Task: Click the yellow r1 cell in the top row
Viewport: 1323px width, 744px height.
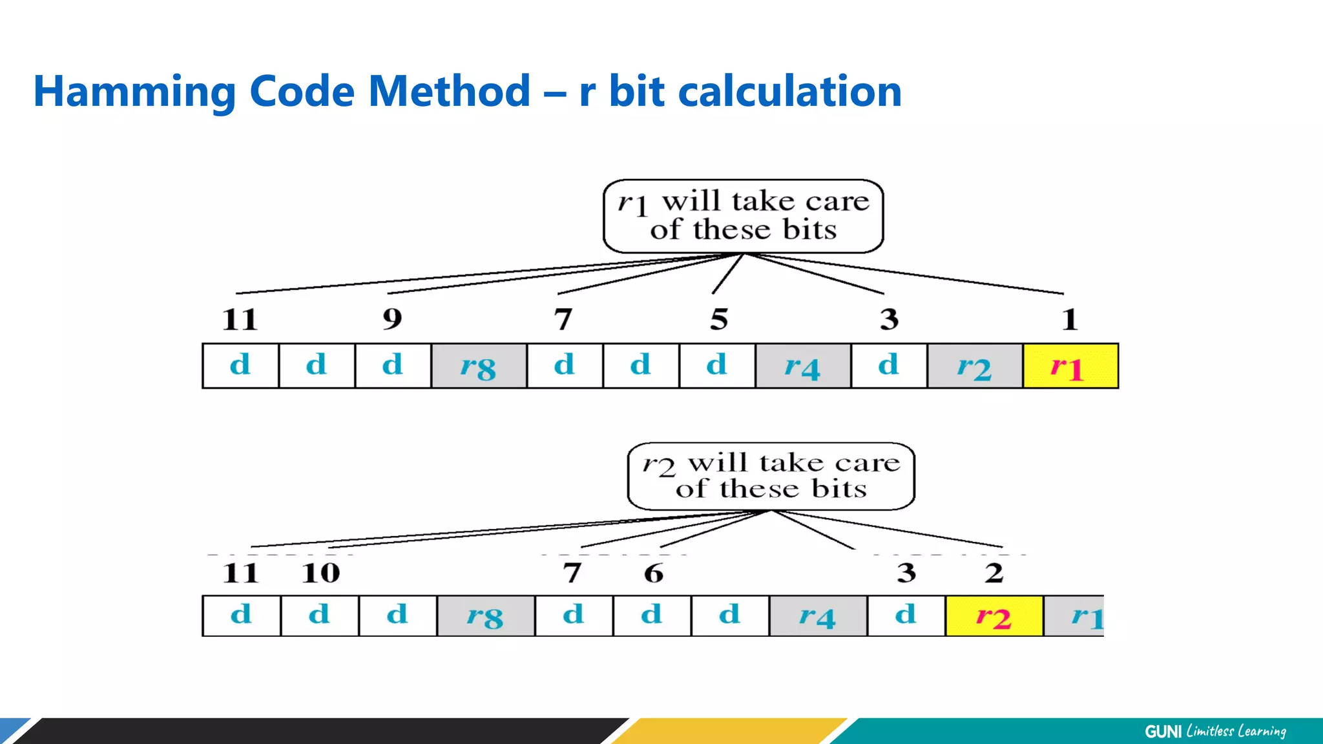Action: (1070, 366)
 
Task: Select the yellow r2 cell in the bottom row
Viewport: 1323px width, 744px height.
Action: (994, 616)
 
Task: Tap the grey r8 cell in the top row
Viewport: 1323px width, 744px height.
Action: (479, 366)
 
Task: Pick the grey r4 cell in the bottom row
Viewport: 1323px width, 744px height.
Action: (817, 616)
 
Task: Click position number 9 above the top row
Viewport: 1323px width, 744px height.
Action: (392, 318)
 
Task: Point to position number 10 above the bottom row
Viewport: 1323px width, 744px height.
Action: (321, 573)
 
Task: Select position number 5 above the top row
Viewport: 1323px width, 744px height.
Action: (719, 318)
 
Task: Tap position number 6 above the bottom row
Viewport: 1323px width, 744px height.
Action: (654, 573)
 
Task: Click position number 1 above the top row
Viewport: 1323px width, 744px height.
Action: (1070, 318)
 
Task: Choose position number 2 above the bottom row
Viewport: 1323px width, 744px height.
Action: (994, 573)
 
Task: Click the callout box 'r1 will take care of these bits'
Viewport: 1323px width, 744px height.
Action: (743, 216)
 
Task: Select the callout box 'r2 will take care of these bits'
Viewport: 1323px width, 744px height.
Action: (771, 477)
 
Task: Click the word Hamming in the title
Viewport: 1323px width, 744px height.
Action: (135, 92)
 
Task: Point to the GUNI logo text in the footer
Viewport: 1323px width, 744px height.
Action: (1163, 731)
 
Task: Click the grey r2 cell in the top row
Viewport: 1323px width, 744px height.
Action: (975, 366)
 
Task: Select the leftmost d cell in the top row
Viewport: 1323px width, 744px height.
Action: (240, 366)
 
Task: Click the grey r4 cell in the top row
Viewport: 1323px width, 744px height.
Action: (803, 366)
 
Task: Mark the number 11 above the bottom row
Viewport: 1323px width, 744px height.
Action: (240, 573)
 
